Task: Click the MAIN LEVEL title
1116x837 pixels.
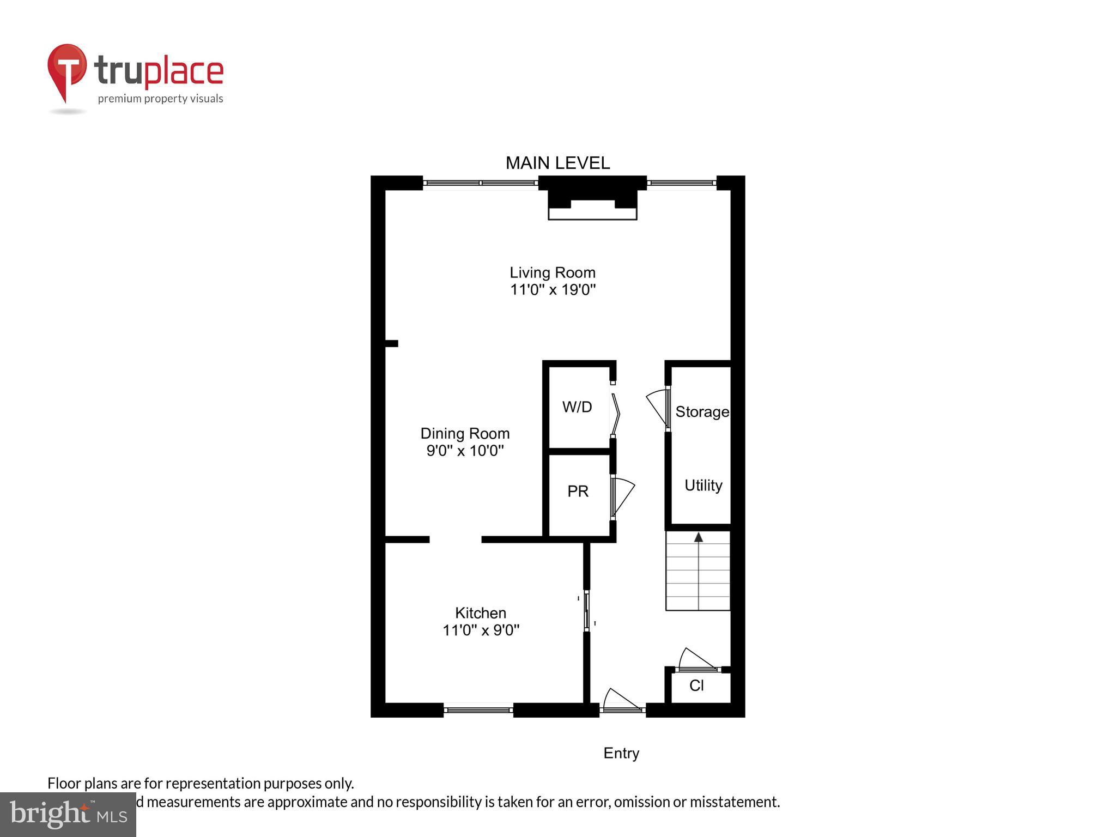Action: pyautogui.click(x=557, y=163)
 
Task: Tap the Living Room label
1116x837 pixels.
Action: pyautogui.click(x=552, y=272)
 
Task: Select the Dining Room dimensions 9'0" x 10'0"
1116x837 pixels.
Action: pyautogui.click(x=465, y=451)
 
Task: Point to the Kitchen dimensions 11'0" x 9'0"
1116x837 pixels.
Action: pyautogui.click(x=481, y=630)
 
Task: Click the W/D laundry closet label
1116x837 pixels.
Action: pyautogui.click(x=577, y=407)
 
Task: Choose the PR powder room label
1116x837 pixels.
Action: pyautogui.click(x=578, y=492)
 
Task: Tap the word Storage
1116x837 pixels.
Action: pyautogui.click(x=702, y=412)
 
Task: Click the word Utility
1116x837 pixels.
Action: pyautogui.click(x=703, y=485)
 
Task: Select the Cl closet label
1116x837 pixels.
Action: pyautogui.click(x=696, y=686)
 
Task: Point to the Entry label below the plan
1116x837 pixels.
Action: pyautogui.click(x=621, y=753)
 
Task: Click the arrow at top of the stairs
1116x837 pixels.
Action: pyautogui.click(x=698, y=537)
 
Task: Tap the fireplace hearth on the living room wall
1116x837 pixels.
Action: pyautogui.click(x=592, y=209)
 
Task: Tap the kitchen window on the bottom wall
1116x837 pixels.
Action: pyautogui.click(x=478, y=710)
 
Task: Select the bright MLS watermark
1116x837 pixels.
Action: pyautogui.click(x=68, y=815)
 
